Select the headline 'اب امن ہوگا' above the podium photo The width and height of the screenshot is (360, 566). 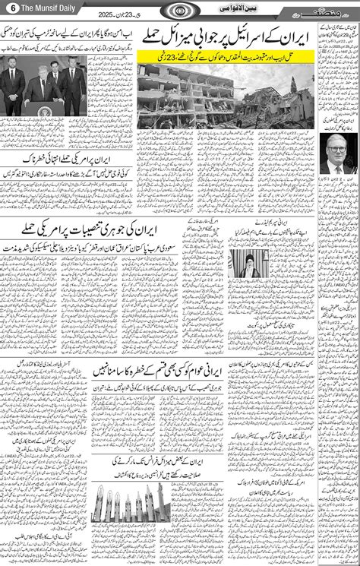click(68, 34)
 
